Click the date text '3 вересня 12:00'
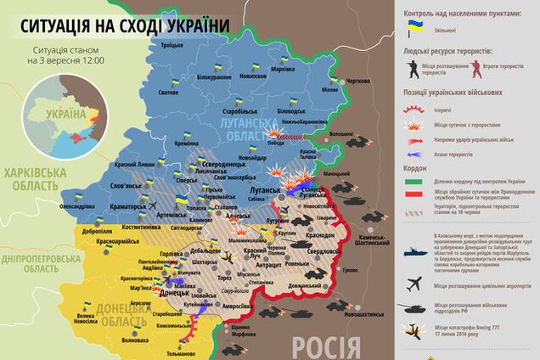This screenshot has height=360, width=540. [67, 62]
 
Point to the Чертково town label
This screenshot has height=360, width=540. [357, 81]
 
